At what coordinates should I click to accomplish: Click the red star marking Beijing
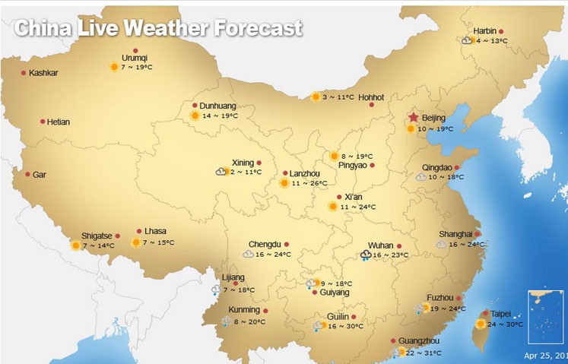tap(413, 118)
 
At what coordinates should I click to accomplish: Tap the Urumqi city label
tap(135, 58)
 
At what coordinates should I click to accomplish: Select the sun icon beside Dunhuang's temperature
tap(195, 116)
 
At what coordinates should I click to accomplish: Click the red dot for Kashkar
tap(24, 73)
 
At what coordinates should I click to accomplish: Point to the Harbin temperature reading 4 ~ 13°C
tap(492, 41)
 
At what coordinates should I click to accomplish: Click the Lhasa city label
tap(155, 232)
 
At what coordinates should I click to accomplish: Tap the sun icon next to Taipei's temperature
tap(481, 324)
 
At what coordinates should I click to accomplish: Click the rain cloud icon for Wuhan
tap(366, 255)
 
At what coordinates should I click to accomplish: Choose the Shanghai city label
tap(455, 234)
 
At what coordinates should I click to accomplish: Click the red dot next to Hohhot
tap(372, 105)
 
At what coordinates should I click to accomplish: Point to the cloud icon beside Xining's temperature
tap(222, 173)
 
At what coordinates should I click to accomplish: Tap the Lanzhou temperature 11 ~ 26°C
tap(309, 183)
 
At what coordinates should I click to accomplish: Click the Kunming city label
tap(244, 311)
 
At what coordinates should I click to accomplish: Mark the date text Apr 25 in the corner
tap(541, 355)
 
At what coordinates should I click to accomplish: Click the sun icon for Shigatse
tap(75, 245)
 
